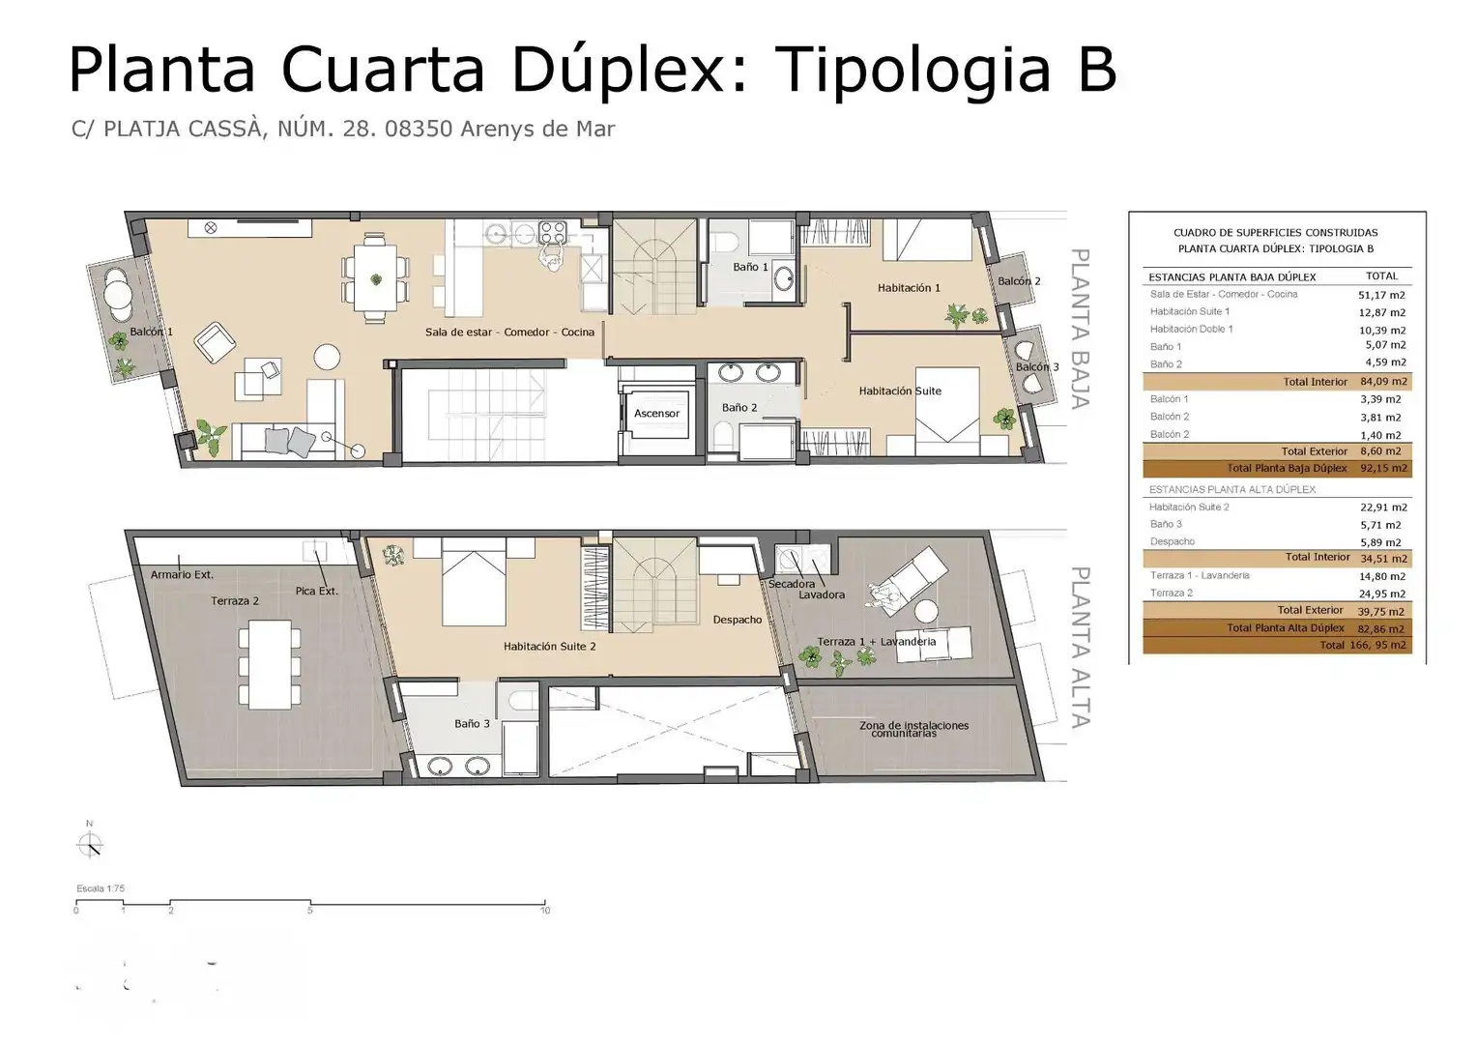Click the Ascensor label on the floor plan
click(x=656, y=414)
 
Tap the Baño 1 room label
click(x=750, y=267)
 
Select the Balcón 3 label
click(x=1037, y=366)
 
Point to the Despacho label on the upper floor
click(x=738, y=620)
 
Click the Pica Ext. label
click(x=316, y=591)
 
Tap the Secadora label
click(x=792, y=584)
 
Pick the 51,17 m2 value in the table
click(x=1382, y=296)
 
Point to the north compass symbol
click(x=90, y=844)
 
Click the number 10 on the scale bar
click(x=545, y=911)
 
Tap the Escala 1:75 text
click(x=101, y=888)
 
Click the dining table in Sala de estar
click(x=375, y=277)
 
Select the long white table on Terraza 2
click(x=270, y=664)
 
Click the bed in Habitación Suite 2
click(x=474, y=582)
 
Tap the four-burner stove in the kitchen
click(x=553, y=233)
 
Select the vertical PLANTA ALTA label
click(x=1080, y=647)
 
